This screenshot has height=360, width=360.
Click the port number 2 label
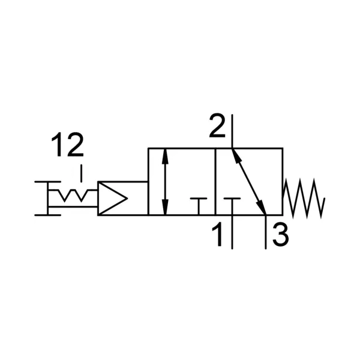click(217, 125)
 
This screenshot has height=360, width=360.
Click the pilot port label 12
click(67, 145)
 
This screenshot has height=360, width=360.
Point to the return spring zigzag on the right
click(304, 198)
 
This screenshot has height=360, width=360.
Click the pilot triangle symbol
click(112, 198)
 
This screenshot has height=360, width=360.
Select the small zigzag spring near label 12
click(73, 195)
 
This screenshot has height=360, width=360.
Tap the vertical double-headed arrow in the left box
click(165, 182)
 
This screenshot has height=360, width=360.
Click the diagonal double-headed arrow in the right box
click(249, 182)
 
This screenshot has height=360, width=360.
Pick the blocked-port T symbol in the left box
click(199, 206)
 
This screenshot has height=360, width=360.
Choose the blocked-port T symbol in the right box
click(232, 206)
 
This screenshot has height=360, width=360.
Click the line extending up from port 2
click(232, 131)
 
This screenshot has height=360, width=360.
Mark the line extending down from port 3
click(266, 232)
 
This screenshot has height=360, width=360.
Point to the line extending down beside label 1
click(232, 232)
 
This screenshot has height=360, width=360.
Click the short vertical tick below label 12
click(81, 173)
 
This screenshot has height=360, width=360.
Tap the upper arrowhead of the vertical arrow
click(165, 156)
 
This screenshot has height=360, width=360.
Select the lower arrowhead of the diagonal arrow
click(262, 208)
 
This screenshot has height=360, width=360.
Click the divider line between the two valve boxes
click(215, 182)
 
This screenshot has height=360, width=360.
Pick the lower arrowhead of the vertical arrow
click(165, 208)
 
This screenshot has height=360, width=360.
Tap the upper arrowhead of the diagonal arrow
click(236, 157)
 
